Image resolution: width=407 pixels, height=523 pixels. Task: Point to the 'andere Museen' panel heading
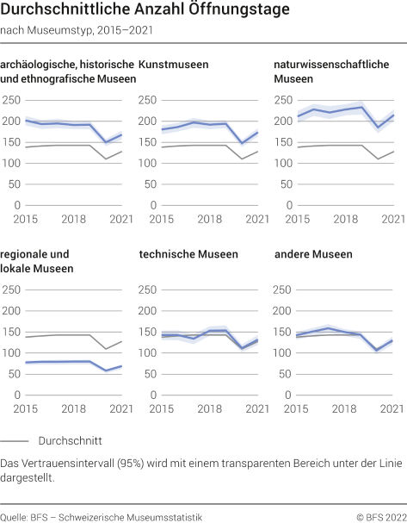(307, 254)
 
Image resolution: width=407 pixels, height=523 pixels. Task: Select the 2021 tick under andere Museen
(392, 408)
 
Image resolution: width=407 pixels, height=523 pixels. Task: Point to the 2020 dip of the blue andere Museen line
(377, 351)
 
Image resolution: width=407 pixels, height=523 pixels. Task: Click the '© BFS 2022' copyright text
(378, 516)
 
